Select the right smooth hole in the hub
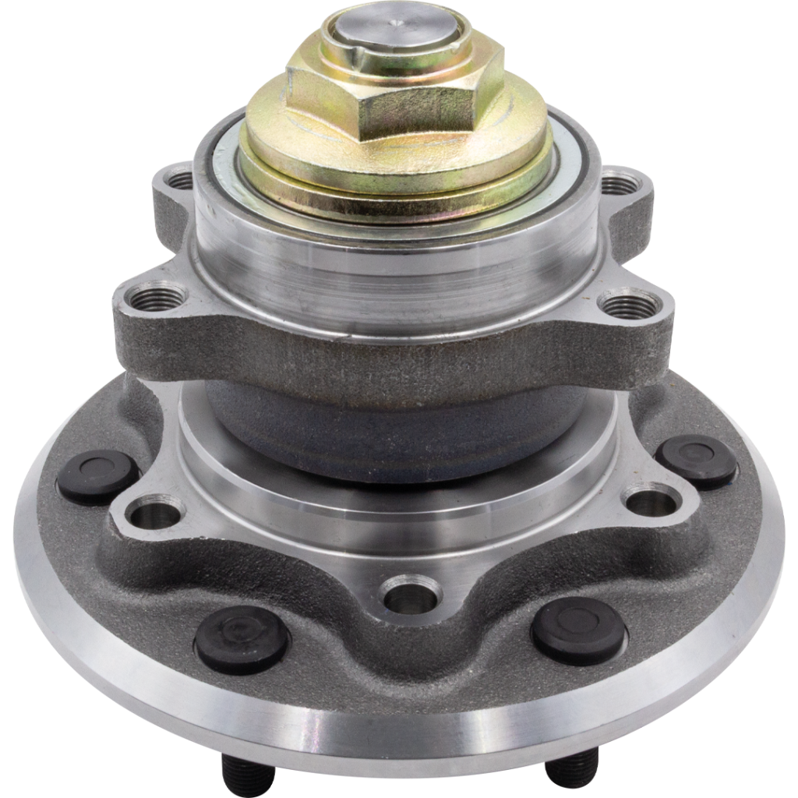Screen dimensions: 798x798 pyautogui.click(x=652, y=499)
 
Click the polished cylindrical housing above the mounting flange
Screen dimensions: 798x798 pyautogui.click(x=390, y=265)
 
